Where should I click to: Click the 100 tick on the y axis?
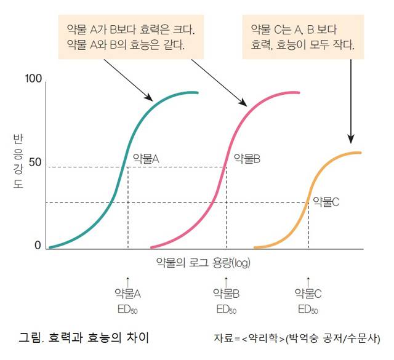[x=33, y=79]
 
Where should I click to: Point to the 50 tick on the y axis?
[x=34, y=162]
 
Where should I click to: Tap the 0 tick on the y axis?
[x=38, y=245]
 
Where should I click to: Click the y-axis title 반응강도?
[x=18, y=163]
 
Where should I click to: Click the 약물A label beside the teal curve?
[x=146, y=158]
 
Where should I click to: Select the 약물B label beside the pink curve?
[x=247, y=159]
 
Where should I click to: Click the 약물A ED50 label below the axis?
[x=128, y=300]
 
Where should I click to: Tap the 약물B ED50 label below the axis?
[x=226, y=300]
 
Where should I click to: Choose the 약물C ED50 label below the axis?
[x=308, y=300]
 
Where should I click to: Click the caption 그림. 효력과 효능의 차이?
[x=84, y=338]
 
